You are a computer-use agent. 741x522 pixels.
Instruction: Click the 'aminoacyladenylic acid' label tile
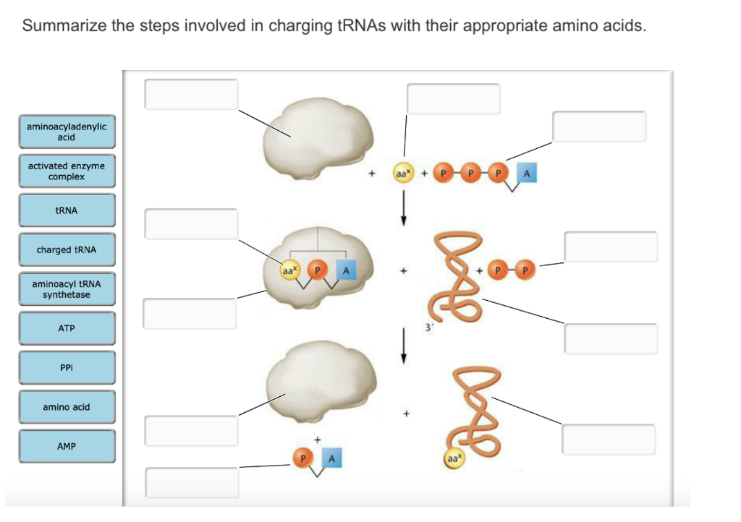coord(67,132)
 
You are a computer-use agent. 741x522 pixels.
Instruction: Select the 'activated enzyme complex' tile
coord(67,171)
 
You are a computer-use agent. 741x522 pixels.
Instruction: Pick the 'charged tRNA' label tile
coord(67,250)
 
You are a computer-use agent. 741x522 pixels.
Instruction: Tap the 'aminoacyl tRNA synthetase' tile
coord(67,289)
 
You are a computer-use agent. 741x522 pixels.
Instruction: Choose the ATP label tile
coord(67,328)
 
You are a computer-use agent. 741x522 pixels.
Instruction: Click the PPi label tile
coord(67,367)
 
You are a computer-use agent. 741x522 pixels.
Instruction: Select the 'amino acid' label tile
coord(67,407)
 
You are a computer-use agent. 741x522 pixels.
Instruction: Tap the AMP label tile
coord(67,446)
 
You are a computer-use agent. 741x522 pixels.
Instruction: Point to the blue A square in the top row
coord(527,174)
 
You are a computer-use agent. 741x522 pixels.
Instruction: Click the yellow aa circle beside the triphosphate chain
coord(402,174)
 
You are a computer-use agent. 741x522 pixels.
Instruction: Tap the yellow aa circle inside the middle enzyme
coord(289,270)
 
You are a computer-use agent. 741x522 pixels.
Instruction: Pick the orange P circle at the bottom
coord(303,458)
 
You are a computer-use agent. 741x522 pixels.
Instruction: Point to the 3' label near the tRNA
coord(429,327)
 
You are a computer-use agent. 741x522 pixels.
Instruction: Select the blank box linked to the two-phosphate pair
coord(611,247)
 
